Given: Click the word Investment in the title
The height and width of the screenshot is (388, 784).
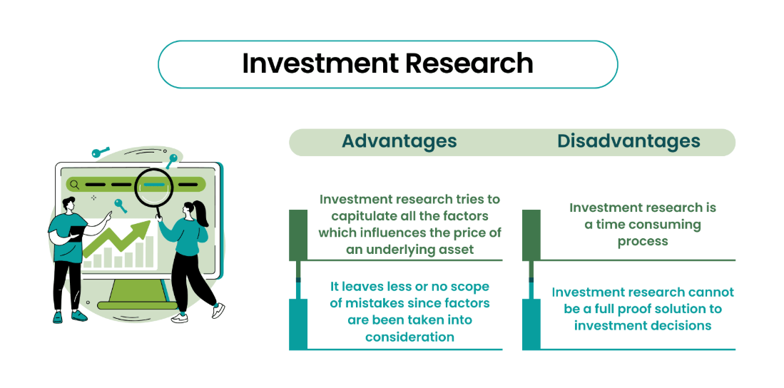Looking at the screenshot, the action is click(320, 64).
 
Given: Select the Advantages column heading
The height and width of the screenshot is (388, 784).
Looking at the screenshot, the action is click(399, 141).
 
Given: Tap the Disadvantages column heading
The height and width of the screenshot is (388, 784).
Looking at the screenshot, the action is click(628, 141).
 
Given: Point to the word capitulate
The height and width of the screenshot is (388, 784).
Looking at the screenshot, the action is click(361, 217).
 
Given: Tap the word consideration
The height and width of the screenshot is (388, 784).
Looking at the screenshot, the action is click(409, 337).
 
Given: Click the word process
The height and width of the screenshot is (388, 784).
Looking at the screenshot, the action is click(643, 242).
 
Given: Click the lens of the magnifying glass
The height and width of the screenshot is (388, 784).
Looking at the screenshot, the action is click(154, 185).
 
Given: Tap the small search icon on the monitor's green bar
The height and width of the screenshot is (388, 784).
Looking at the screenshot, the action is click(74, 185).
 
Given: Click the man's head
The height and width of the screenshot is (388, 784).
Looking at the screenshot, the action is click(69, 204).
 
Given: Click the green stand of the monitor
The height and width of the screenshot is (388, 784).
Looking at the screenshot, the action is click(137, 295).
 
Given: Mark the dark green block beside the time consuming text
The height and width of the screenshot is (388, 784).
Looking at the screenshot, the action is click(531, 235).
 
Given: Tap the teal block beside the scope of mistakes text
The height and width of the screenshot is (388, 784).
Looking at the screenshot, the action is click(298, 324).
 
